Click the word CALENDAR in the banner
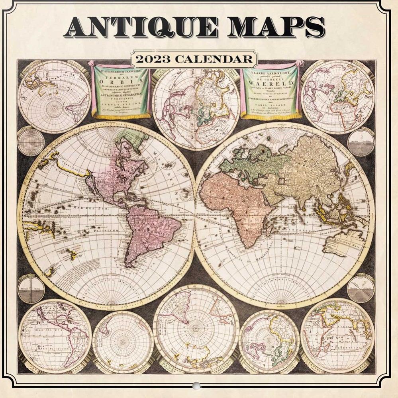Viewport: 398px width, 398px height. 215,59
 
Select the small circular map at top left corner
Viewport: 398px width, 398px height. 54,96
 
